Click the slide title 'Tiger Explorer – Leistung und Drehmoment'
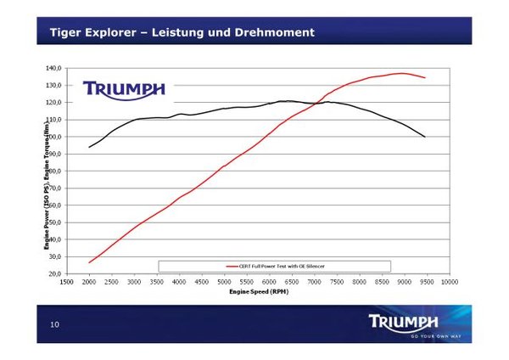(x=182, y=32)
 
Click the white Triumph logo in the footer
(x=404, y=321)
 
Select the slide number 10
(x=54, y=324)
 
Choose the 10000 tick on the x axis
(x=450, y=281)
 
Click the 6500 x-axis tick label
(x=291, y=281)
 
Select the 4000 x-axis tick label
(x=178, y=281)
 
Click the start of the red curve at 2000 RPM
(x=88, y=262)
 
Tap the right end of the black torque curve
(x=425, y=137)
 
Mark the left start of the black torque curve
(x=88, y=148)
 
